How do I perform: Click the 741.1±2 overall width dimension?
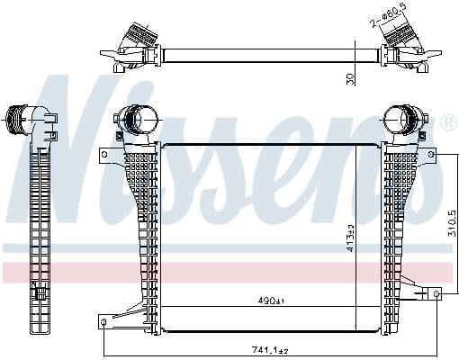[270, 350]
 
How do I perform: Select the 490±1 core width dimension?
[271, 301]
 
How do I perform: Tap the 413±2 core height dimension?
[350, 238]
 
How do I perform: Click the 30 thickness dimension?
[350, 78]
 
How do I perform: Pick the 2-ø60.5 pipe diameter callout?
[389, 14]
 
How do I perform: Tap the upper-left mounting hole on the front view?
[104, 155]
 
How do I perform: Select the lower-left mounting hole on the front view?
[103, 322]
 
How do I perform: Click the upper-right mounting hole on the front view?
[431, 155]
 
